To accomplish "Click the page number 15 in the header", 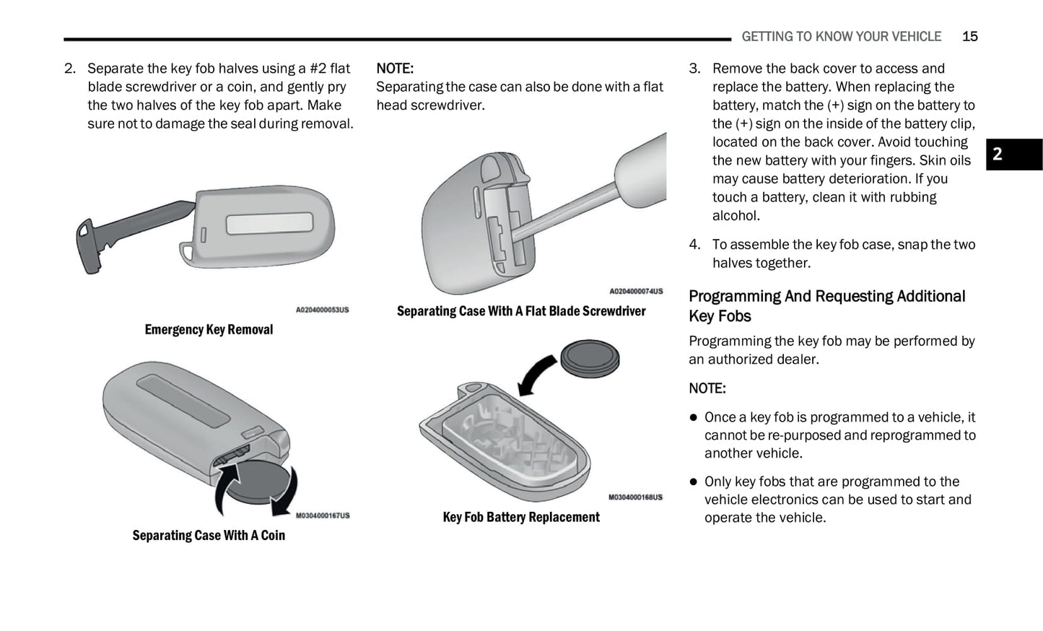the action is [970, 36].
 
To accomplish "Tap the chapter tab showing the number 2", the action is [1014, 155].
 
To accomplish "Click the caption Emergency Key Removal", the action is [209, 330].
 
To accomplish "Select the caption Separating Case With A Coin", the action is [209, 536].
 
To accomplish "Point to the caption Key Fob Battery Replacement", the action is [521, 517].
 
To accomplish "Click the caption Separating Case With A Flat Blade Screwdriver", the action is [521, 311].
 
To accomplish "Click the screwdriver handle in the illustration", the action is [642, 170].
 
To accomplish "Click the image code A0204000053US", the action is [322, 310].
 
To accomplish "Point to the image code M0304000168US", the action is [635, 497].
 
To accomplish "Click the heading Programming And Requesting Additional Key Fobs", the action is [827, 306].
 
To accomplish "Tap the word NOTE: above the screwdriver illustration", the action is [395, 69].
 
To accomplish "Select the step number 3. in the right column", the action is [694, 69].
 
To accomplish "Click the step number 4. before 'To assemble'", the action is [694, 245].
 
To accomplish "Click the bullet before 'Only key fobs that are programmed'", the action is [694, 482].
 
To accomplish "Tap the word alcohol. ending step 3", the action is [736, 216].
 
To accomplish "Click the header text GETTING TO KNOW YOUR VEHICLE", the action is [842, 36].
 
